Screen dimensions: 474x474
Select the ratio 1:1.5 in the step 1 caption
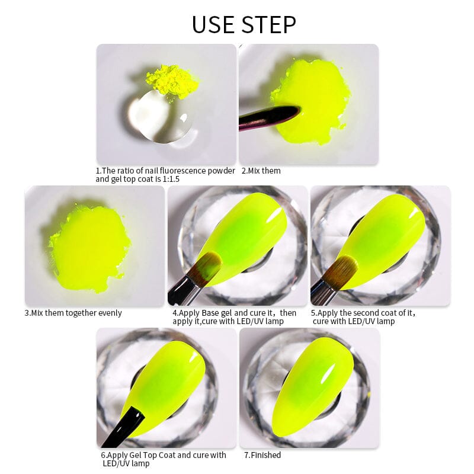[171, 180]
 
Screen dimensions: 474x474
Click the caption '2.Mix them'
[261, 171]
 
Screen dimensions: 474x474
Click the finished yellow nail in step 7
[313, 387]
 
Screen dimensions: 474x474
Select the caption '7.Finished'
[262, 455]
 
